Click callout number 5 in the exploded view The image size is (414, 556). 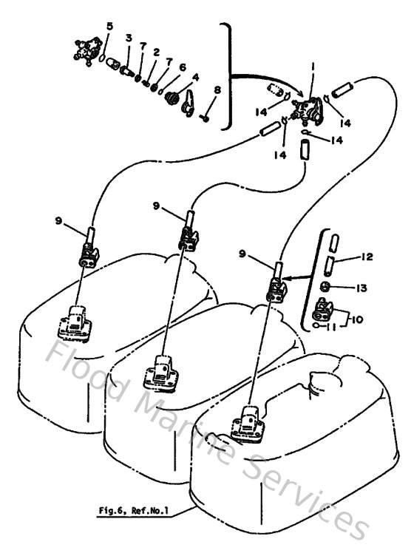point(109,27)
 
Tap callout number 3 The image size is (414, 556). point(129,38)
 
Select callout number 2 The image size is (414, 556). point(156,52)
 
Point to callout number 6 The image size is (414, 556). point(182,66)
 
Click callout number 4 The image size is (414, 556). point(195,77)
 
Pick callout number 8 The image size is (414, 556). point(217,90)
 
